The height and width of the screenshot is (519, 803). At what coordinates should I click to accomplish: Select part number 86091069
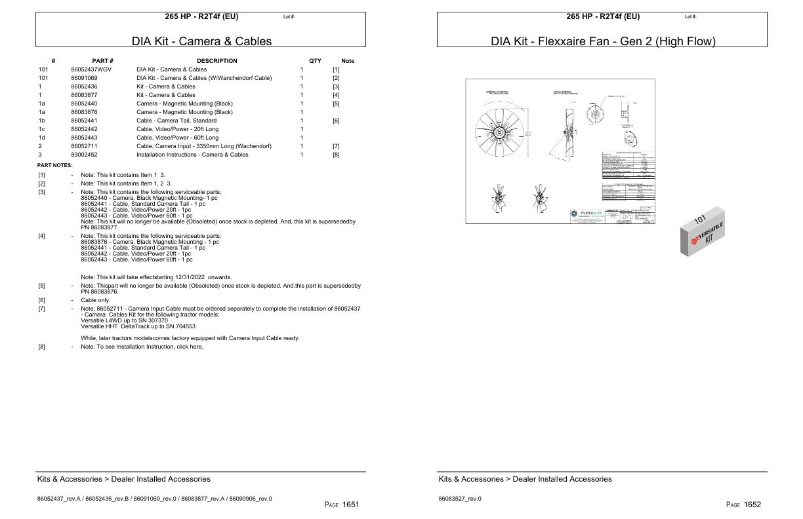pyautogui.click(x=84, y=78)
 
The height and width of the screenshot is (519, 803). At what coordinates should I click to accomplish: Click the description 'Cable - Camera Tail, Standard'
pyautogui.click(x=176, y=121)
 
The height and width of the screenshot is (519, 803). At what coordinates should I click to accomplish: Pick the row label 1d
pyautogui.click(x=41, y=138)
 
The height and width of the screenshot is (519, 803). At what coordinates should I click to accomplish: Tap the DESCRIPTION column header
pyautogui.click(x=216, y=61)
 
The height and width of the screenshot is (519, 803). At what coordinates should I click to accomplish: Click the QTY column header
pyautogui.click(x=315, y=61)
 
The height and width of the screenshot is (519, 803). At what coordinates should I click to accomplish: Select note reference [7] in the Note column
pyautogui.click(x=336, y=146)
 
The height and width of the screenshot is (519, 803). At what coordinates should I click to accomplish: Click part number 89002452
pyautogui.click(x=84, y=155)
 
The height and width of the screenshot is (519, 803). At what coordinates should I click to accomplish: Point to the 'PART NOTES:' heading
pyautogui.click(x=54, y=166)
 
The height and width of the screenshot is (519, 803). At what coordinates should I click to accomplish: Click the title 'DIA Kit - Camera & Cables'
pyautogui.click(x=201, y=41)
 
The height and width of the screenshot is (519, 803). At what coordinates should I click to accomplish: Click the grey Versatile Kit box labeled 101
pyautogui.click(x=703, y=231)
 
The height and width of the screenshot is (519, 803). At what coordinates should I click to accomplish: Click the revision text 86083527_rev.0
pyautogui.click(x=460, y=499)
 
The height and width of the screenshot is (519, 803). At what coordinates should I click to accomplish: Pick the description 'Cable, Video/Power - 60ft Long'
pyautogui.click(x=177, y=138)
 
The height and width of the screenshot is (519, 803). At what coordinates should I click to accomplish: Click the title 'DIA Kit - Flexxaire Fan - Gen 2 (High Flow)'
pyautogui.click(x=603, y=41)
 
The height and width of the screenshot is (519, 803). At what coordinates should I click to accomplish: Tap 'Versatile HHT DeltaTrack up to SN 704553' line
pyautogui.click(x=138, y=326)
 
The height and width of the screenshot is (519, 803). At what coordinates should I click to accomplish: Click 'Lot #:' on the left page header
pyautogui.click(x=289, y=16)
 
